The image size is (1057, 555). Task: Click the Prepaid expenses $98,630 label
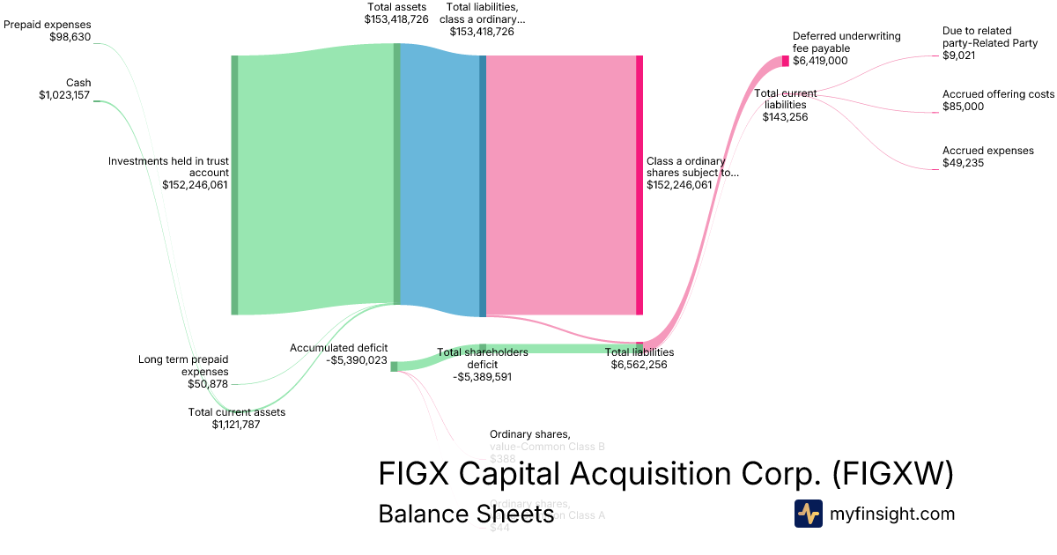click(48, 31)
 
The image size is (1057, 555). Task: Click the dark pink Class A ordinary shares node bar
click(639, 185)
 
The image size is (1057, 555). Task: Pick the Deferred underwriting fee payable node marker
click(786, 61)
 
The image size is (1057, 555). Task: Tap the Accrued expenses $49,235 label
click(987, 157)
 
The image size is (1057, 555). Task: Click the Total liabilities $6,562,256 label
click(639, 358)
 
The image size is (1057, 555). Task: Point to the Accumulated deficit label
click(338, 353)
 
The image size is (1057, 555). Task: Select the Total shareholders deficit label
click(483, 364)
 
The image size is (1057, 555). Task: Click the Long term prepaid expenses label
click(183, 371)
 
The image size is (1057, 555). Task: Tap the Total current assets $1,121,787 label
click(236, 418)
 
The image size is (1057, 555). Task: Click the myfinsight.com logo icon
click(808, 514)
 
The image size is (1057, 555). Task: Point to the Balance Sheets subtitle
click(465, 514)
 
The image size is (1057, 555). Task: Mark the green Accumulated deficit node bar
click(394, 366)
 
